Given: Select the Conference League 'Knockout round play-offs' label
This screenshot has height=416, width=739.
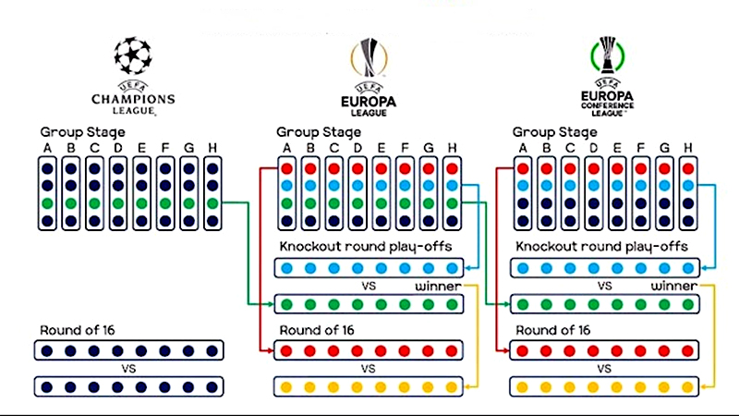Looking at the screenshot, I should coord(601,247).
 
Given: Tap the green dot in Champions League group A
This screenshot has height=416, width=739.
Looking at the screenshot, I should coord(46,203).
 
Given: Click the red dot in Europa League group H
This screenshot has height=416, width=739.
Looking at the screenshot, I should coord(452,168).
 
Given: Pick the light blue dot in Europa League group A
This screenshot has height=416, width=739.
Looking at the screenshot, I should coord(287,186).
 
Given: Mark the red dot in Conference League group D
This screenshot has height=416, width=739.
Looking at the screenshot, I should coord(594,168).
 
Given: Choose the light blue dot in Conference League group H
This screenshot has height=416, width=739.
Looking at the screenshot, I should coord(688,186).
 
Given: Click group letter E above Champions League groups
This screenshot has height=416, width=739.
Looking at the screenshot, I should coord(141,147).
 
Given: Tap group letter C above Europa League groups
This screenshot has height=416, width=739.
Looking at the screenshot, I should coord(334,147).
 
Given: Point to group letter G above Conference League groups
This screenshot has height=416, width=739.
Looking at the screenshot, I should coord(665,147).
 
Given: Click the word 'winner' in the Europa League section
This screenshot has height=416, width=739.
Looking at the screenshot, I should coord(438,286).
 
